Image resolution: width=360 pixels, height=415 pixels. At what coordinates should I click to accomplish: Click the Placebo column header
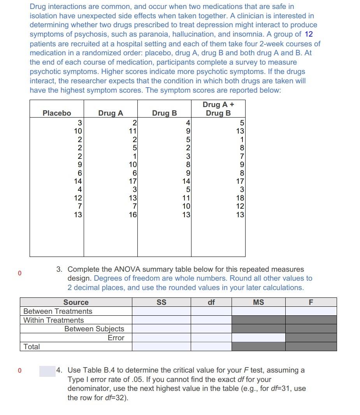coord(57,113)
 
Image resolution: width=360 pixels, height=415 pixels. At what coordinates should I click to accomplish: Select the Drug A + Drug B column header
coord(218,109)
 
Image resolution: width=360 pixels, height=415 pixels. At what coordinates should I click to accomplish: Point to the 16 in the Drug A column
coord(133,215)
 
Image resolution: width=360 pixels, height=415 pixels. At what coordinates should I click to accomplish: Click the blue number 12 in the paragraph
coord(309,34)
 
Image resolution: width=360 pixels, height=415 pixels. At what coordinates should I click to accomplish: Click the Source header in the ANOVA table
coord(76,302)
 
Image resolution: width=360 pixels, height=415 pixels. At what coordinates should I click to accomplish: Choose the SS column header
coord(161,302)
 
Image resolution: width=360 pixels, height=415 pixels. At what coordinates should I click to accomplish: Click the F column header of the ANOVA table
coord(311,302)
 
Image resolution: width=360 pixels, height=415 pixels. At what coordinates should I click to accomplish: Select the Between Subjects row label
coord(94,329)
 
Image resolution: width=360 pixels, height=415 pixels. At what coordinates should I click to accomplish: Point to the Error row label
coord(116,338)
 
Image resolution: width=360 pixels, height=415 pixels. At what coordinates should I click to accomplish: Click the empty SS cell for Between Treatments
coord(161,311)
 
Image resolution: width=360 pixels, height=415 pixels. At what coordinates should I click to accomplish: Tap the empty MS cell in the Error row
coord(258,338)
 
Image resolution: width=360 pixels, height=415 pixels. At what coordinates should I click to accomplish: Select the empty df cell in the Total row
coord(211,346)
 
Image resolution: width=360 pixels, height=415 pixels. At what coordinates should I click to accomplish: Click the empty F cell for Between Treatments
coord(311,311)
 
